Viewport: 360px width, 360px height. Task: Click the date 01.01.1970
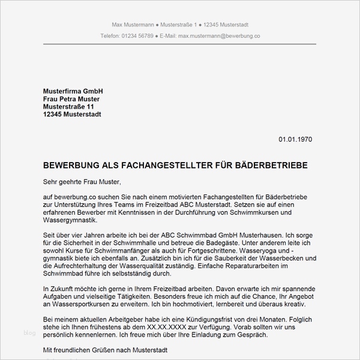[295, 139]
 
